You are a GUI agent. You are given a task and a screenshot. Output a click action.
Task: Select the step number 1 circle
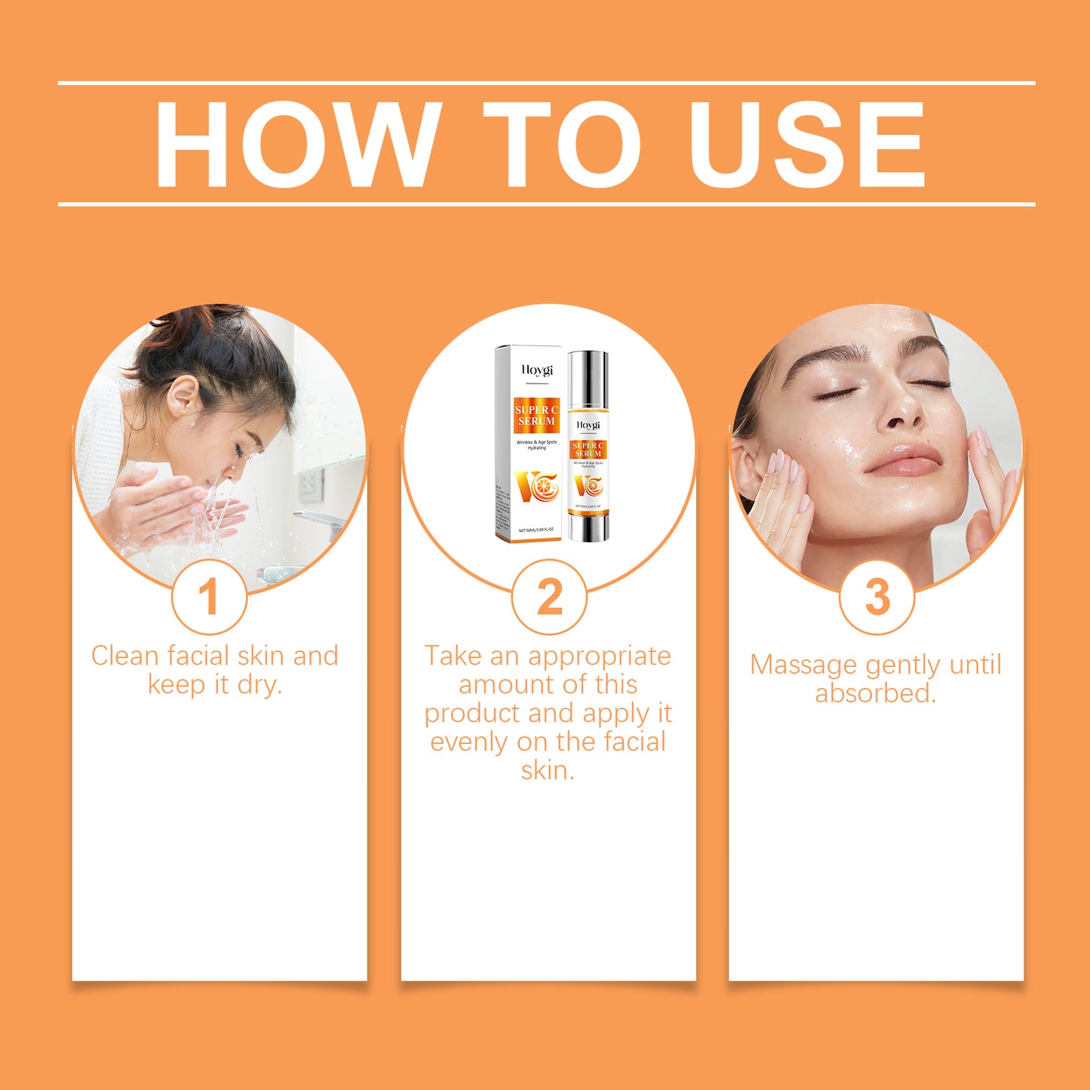point(209,597)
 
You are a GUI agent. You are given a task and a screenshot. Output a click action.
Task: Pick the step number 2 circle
point(548,597)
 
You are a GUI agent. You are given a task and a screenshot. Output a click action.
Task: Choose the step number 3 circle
point(877,597)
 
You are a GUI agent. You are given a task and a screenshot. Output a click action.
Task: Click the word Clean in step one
point(124,656)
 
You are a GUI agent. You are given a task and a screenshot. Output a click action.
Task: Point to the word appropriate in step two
point(599,656)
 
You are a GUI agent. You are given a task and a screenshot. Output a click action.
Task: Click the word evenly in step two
point(469,742)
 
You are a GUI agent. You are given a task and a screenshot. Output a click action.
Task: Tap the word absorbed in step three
point(875,693)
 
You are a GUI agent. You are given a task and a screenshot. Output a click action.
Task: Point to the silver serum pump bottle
point(588,445)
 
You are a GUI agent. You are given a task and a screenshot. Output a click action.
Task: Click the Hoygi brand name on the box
point(537,370)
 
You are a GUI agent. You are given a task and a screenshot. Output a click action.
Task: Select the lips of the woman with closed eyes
point(904,459)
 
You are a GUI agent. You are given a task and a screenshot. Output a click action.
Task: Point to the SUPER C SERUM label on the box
point(536,415)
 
